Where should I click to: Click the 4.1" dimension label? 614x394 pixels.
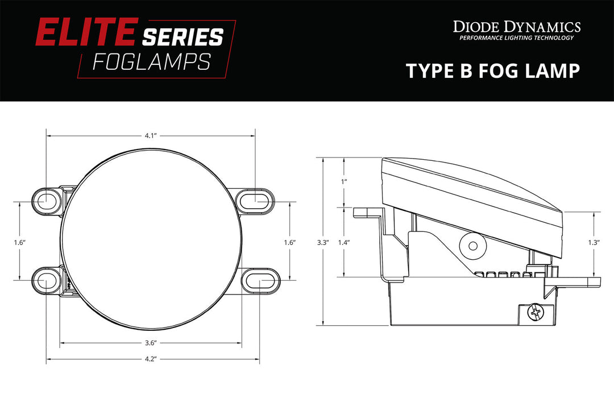pos(150,136)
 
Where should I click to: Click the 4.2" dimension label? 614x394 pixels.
pos(150,359)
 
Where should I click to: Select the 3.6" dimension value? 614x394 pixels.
pos(150,343)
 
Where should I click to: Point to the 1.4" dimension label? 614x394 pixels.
pos(343,242)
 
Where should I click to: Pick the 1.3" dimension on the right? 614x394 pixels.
pos(594,242)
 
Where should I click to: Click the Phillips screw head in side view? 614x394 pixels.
pos(534,312)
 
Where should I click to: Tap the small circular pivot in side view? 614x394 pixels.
pos(472,246)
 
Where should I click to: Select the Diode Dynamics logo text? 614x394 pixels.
pos(516,27)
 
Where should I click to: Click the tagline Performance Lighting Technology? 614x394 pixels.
pos(516,38)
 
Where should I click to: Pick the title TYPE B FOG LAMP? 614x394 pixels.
pos(492,71)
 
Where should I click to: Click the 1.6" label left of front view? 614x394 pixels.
pos(19,242)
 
